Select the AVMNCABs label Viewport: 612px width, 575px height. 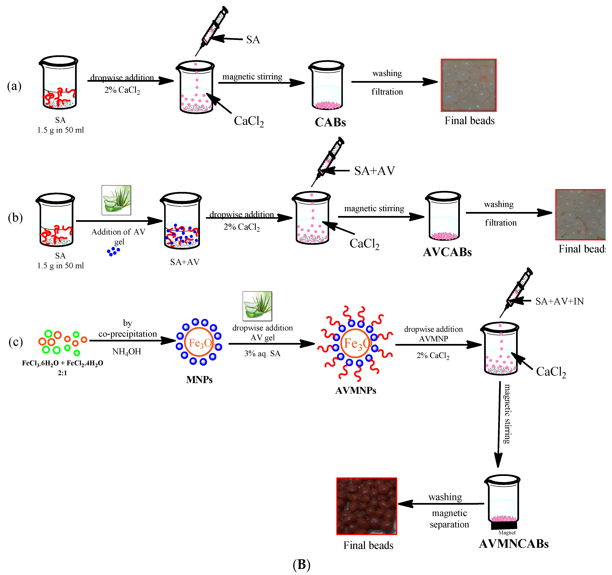coord(514,544)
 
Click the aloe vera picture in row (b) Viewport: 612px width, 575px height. coord(116,200)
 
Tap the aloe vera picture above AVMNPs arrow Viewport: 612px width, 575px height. coord(257,306)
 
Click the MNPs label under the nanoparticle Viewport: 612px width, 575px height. coord(199,380)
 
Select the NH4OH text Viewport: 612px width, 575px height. coord(127,351)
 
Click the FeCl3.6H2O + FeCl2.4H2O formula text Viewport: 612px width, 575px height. coord(63,363)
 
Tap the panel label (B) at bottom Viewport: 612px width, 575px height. coord(301,564)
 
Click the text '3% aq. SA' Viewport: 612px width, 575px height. coord(262,353)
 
